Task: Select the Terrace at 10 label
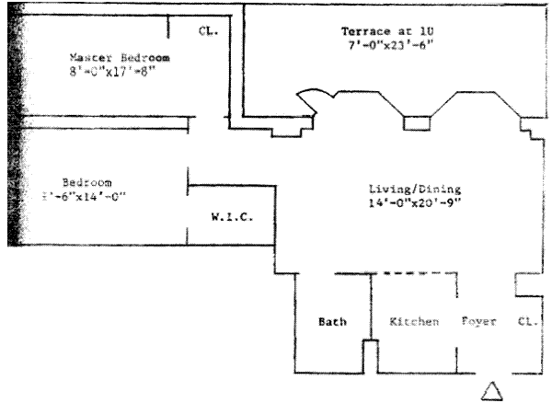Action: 376,32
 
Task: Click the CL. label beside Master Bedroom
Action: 208,30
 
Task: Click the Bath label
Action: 331,323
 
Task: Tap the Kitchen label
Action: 412,323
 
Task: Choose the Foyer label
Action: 478,323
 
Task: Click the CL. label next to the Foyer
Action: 526,323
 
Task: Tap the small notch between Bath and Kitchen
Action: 370,354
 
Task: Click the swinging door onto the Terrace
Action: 305,104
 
